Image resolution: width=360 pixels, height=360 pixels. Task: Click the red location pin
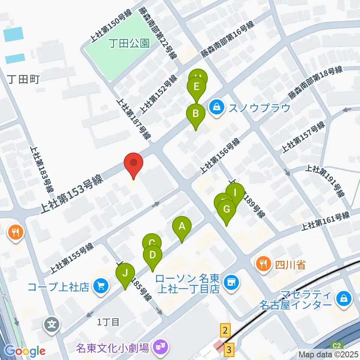click(x=134, y=163)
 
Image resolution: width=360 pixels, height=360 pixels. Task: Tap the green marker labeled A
click(x=182, y=226)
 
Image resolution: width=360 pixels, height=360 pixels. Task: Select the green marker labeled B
click(x=195, y=114)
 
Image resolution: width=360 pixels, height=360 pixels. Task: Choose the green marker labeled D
click(x=152, y=255)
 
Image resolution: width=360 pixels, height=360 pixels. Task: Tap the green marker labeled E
click(x=196, y=87)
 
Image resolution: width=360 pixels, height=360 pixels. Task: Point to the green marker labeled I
click(x=235, y=193)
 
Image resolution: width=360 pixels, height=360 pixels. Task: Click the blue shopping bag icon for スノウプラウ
click(x=217, y=107)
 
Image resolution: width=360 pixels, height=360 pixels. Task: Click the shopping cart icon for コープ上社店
click(x=101, y=286)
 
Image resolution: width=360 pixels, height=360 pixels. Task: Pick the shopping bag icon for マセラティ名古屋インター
click(x=343, y=299)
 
